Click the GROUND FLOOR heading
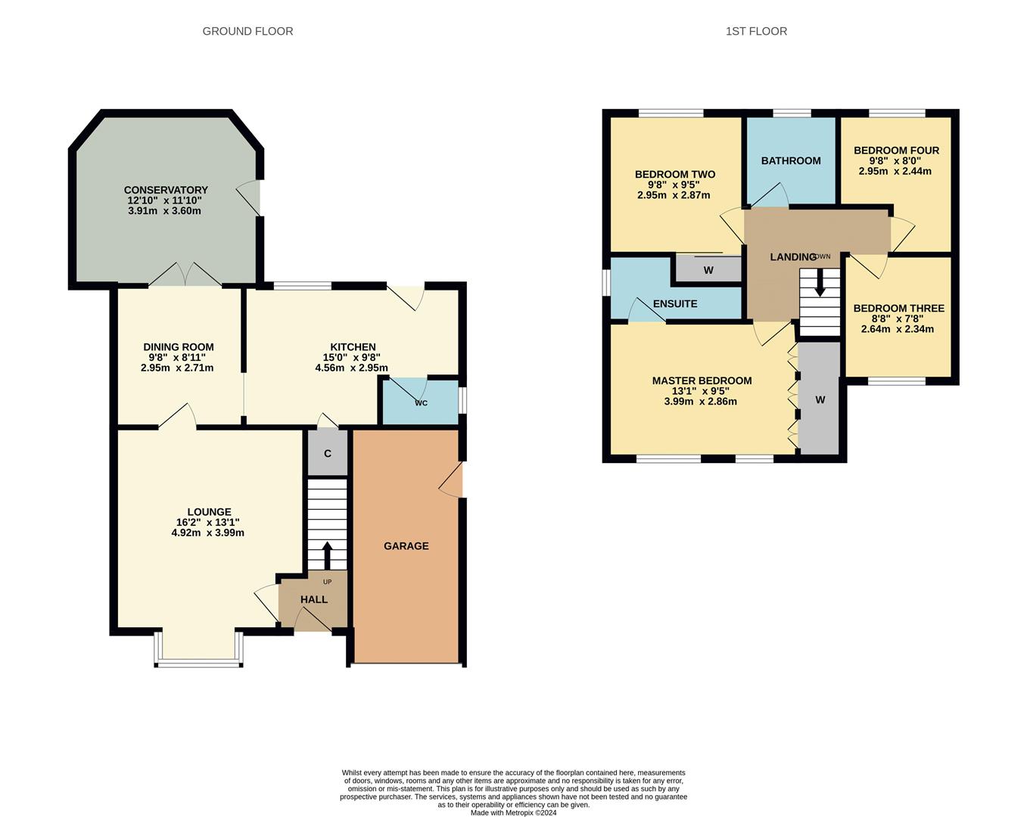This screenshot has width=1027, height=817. click(247, 31)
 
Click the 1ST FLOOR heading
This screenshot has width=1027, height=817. click(756, 31)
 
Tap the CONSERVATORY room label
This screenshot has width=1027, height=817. click(166, 190)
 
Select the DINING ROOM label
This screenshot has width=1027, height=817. click(179, 347)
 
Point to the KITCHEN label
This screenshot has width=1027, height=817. click(353, 347)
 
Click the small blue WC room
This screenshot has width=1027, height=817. click(421, 402)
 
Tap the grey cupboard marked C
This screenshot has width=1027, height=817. click(328, 454)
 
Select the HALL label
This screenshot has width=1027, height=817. click(314, 599)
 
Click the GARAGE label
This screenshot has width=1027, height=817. click(406, 545)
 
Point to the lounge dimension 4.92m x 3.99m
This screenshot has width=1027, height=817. click(207, 533)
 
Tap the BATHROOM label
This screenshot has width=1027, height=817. click(791, 160)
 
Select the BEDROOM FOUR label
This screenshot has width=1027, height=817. click(896, 151)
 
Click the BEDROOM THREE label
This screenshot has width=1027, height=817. click(898, 308)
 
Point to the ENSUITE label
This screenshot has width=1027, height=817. click(675, 303)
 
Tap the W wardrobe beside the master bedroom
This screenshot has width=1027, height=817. click(820, 399)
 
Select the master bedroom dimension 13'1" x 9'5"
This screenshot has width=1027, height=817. click(702, 391)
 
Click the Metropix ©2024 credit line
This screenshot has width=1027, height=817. click(513, 812)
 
